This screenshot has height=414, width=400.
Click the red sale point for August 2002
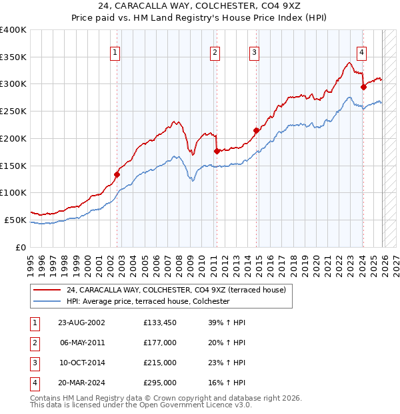point(117,174)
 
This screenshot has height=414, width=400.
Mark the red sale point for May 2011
point(217,151)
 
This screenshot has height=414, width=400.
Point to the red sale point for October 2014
point(256,130)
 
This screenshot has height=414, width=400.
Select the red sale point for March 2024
point(363,86)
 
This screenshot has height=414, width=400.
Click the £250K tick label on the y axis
point(13,111)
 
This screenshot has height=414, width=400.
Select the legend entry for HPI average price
point(147,301)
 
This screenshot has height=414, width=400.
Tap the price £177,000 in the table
point(160,343)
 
